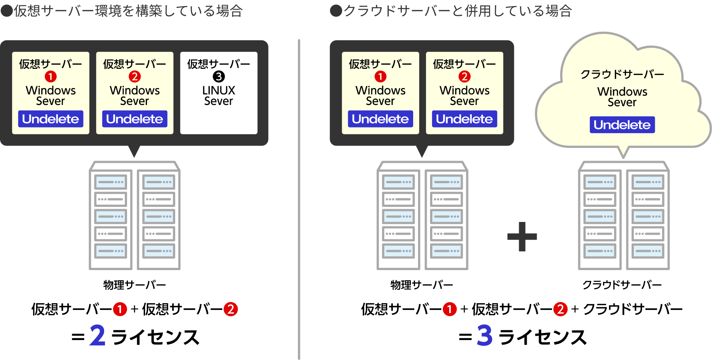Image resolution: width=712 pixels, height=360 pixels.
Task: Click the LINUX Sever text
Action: (x=218, y=96)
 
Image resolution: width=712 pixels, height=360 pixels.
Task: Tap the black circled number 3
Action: (x=219, y=77)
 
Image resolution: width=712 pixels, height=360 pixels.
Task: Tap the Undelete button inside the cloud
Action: (x=622, y=125)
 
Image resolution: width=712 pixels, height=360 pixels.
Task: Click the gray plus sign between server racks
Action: (x=522, y=237)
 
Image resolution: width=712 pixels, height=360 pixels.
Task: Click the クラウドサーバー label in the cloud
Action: (x=622, y=74)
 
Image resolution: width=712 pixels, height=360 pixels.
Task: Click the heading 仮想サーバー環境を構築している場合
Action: (x=123, y=11)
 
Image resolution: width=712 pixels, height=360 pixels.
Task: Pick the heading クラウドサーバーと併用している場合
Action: (x=451, y=11)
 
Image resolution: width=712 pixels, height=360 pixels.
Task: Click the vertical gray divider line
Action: (x=299, y=199)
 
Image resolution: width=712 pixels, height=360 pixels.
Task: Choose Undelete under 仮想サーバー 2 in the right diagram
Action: (x=464, y=119)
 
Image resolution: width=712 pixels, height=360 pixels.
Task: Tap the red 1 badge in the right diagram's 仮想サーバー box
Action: (x=380, y=77)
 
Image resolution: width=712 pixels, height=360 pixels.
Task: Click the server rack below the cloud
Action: (x=624, y=216)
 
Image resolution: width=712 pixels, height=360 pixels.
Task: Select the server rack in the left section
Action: (x=135, y=216)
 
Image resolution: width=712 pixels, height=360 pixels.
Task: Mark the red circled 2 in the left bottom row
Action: (x=231, y=309)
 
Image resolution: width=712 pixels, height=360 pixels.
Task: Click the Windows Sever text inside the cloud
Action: (x=622, y=97)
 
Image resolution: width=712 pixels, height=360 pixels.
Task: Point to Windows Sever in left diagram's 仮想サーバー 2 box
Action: (x=135, y=96)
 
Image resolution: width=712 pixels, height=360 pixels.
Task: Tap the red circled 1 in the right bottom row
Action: (x=450, y=309)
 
